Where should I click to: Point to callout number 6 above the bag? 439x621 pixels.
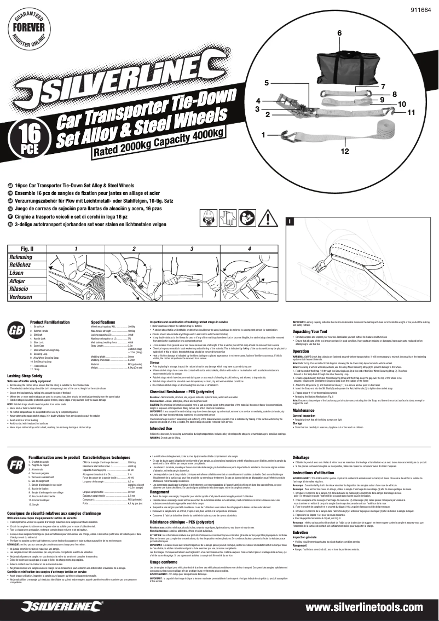[x=339, y=33]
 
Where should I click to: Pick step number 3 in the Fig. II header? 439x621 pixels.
[x=192, y=249]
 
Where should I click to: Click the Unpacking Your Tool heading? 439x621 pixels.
[x=313, y=332]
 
